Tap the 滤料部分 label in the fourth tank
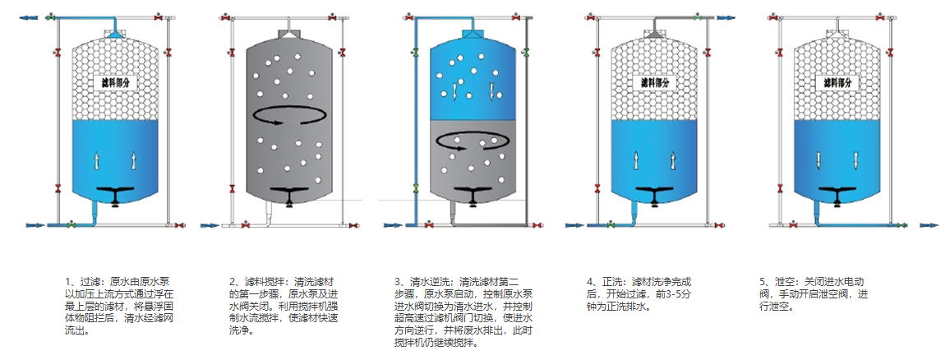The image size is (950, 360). point(654,83)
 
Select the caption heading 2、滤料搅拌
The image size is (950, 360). point(256,280)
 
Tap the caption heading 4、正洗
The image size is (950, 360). point(603,280)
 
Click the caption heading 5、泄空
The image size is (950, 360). point(777,280)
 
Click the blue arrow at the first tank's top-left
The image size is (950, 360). point(32,16)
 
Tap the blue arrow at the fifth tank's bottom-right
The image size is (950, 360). point(931,224)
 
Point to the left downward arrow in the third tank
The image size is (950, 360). point(454,90)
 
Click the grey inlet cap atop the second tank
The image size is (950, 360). point(288,33)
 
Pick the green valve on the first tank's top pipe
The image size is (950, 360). point(52,16)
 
